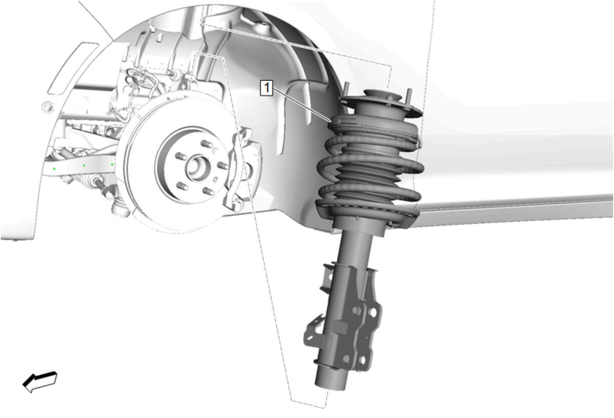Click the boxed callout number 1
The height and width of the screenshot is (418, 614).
[x=267, y=87]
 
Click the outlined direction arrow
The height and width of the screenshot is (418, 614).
[x=40, y=381]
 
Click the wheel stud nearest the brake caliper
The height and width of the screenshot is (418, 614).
[x=223, y=166]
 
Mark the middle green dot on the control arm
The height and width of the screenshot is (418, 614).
[x=84, y=165]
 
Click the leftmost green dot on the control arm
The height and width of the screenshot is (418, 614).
[x=54, y=169]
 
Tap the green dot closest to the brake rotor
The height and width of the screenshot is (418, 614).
[x=112, y=165]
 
